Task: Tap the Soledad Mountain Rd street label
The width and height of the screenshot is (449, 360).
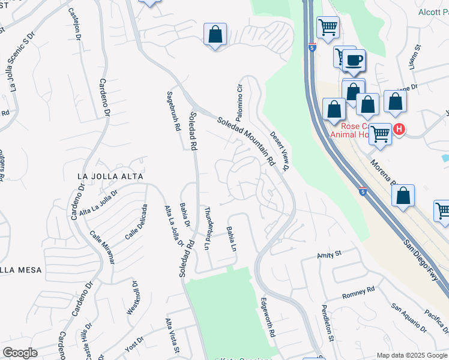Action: (x=246, y=141)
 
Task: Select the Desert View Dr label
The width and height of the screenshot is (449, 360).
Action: (x=279, y=151)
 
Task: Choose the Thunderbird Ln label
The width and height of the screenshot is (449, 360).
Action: (x=208, y=228)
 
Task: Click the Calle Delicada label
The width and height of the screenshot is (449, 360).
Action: (x=136, y=222)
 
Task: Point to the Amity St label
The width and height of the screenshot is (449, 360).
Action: (x=329, y=255)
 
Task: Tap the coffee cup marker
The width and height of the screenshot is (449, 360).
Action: (x=354, y=60)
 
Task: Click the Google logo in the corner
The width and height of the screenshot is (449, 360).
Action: (x=20, y=353)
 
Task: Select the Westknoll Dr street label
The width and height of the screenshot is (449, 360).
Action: (x=133, y=298)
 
